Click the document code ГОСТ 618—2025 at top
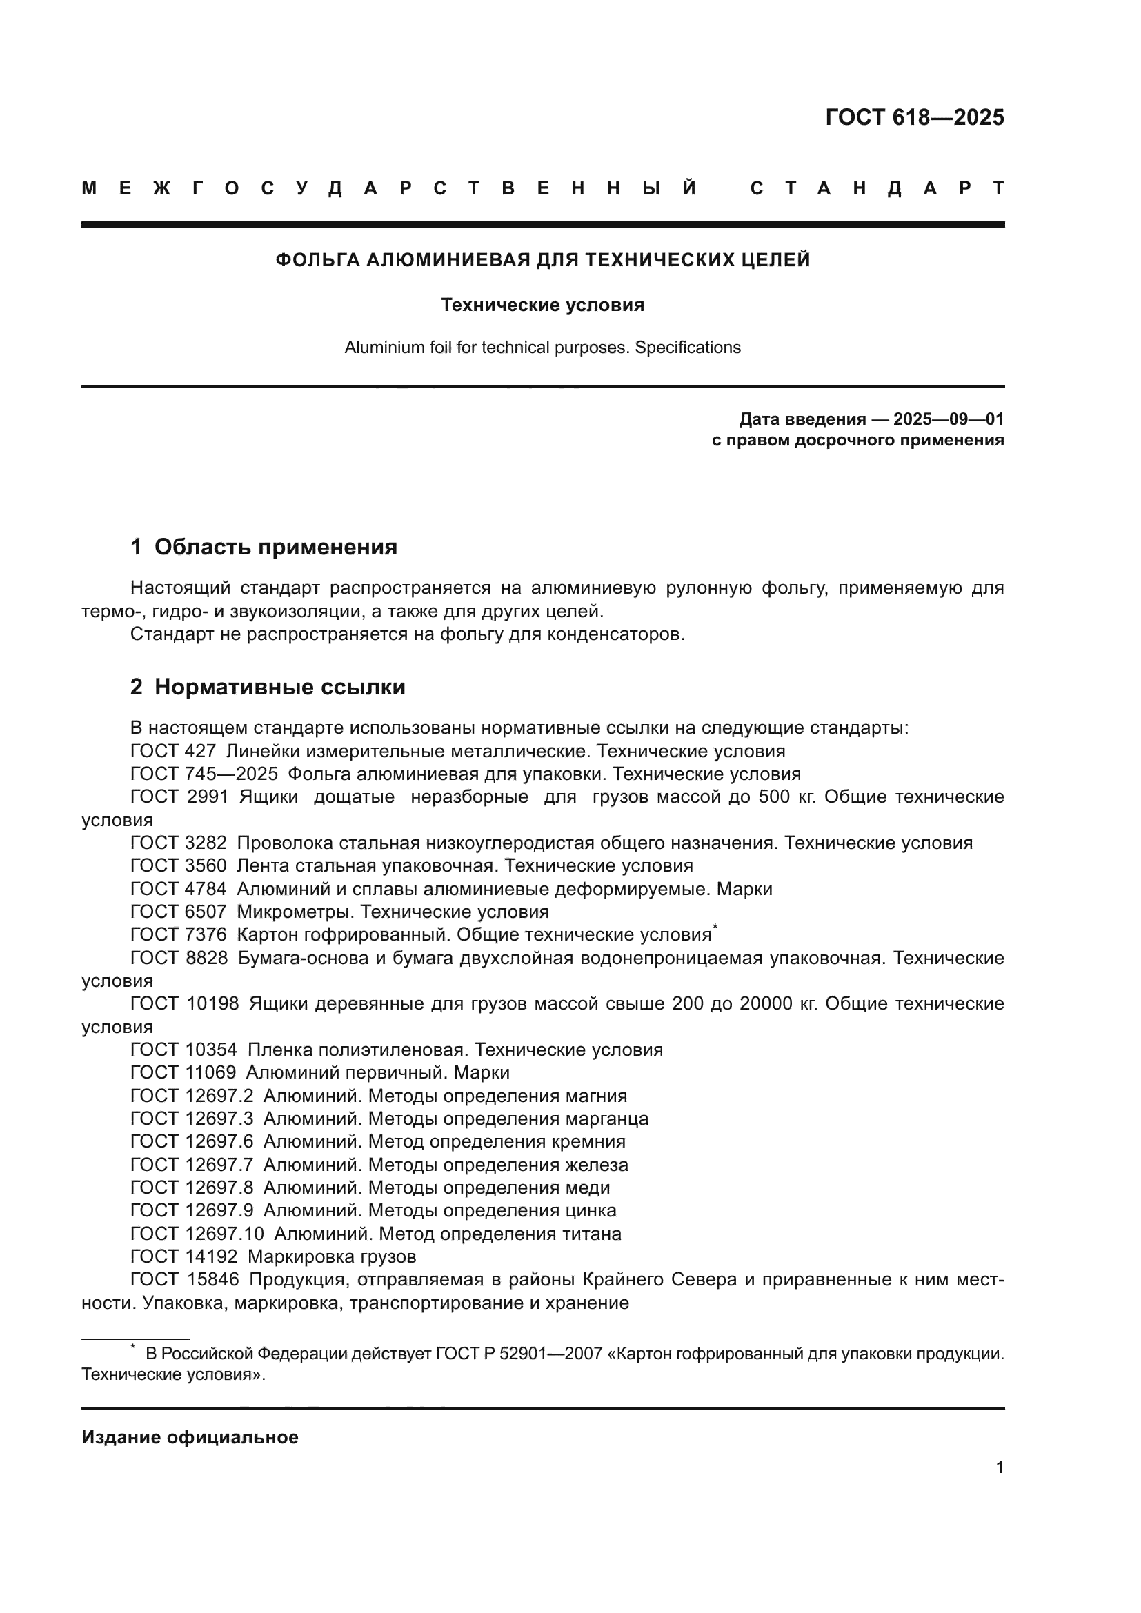914,117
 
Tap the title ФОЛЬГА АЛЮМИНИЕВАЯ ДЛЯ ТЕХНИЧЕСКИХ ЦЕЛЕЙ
542,261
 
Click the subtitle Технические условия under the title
542,305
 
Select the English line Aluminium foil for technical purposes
542,348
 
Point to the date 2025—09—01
949,420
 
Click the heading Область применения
275,548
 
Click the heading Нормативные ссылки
279,687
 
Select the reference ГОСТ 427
173,752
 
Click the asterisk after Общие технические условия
715,928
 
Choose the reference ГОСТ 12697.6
191,1142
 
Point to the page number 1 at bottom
999,1467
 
